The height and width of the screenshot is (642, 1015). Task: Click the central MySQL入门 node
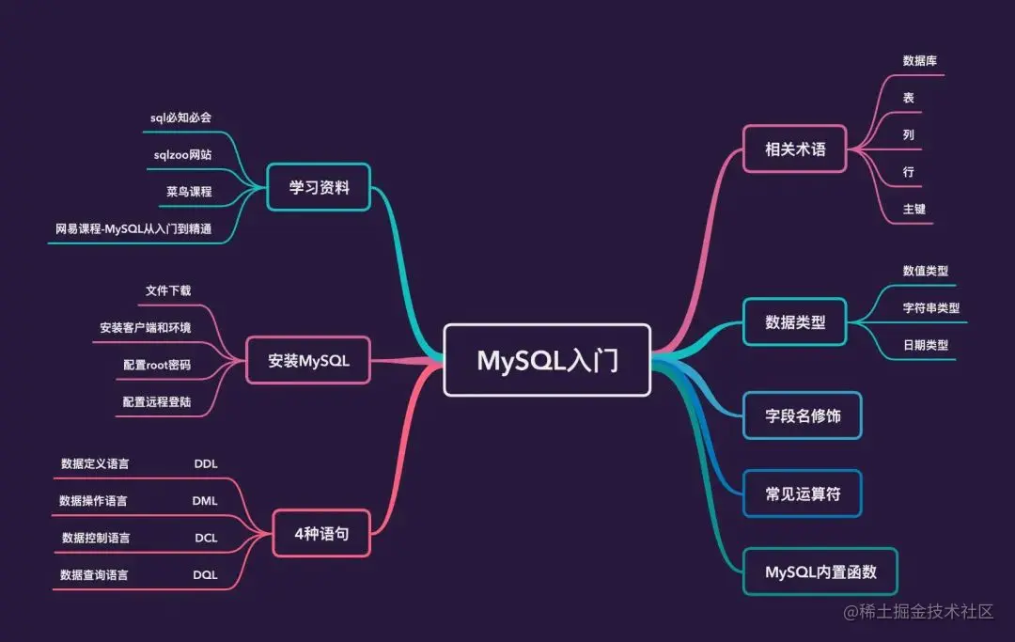[x=547, y=360]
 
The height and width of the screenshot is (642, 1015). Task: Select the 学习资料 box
[x=319, y=188]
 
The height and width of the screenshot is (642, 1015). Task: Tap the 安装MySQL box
[x=308, y=360]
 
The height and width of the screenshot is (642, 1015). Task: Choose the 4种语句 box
[x=321, y=533]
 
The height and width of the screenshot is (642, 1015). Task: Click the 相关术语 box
[x=795, y=149]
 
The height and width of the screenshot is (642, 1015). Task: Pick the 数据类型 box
[x=795, y=321]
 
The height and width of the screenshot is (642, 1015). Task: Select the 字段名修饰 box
[x=802, y=415]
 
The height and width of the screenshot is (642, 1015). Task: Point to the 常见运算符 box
[x=802, y=493]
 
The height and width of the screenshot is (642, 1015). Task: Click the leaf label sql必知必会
[x=181, y=117]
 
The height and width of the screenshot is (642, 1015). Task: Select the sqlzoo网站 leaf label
[x=182, y=154]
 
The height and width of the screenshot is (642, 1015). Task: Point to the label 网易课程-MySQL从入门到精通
[x=133, y=227]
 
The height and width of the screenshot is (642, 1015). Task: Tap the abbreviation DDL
[x=206, y=463]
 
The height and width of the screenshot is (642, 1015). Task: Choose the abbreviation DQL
[x=206, y=574]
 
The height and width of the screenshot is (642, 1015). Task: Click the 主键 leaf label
[x=913, y=209]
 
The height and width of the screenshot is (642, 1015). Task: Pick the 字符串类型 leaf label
[x=930, y=307]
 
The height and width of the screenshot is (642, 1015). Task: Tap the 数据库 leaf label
[x=919, y=60]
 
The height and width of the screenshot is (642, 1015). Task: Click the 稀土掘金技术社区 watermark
[x=918, y=612]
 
